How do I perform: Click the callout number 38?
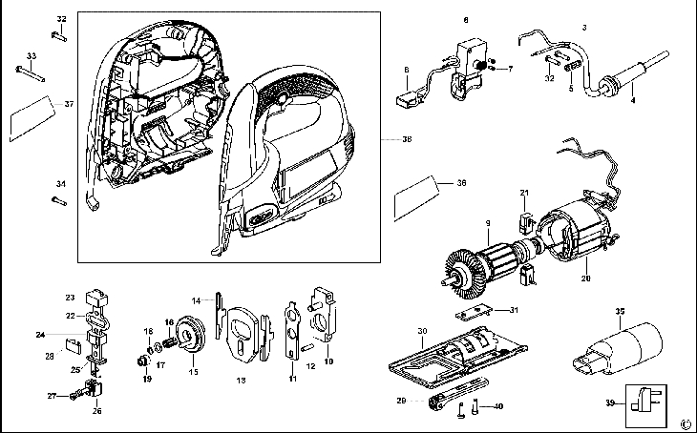(x=407, y=139)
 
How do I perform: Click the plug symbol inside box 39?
(x=644, y=403)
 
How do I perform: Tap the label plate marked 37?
(x=29, y=121)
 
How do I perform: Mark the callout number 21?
(x=524, y=192)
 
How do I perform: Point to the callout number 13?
(x=242, y=380)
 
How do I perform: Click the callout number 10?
(x=328, y=361)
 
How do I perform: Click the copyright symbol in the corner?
(x=684, y=423)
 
